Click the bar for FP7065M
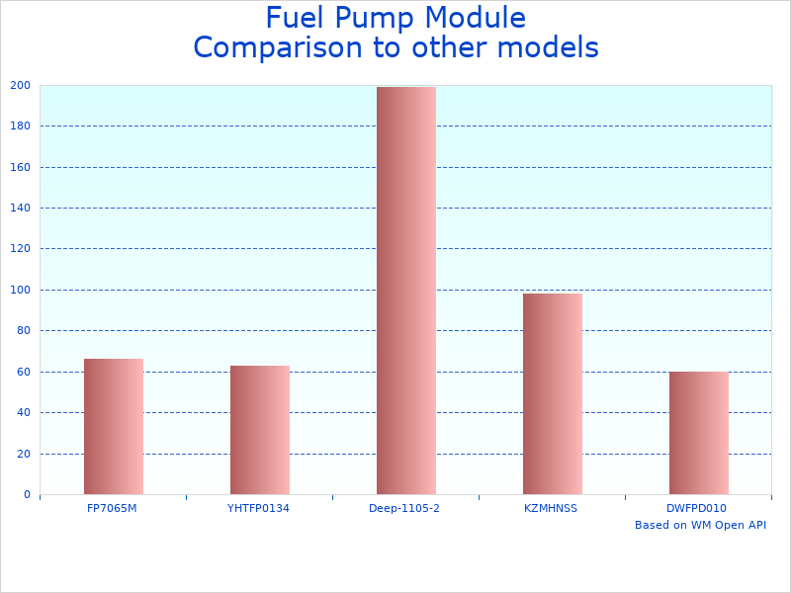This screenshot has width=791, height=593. click(114, 427)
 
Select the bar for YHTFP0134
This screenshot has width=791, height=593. click(260, 430)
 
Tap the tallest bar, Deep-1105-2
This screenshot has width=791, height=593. click(406, 291)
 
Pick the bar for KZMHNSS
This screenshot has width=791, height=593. click(553, 393)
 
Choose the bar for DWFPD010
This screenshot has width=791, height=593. click(699, 433)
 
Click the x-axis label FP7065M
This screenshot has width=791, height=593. click(112, 508)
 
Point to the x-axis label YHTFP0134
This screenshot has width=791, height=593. click(258, 508)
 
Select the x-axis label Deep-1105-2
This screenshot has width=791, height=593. click(404, 508)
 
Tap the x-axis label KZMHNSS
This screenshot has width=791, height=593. click(551, 508)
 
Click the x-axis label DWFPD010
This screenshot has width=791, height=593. click(697, 508)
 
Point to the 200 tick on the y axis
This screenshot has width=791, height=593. click(20, 85)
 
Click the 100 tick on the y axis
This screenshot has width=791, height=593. click(20, 290)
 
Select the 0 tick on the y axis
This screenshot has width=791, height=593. click(27, 494)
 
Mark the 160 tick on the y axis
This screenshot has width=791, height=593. click(20, 167)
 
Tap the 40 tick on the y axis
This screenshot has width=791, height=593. click(23, 412)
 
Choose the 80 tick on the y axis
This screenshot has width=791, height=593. click(23, 330)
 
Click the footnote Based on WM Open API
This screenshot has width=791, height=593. click(700, 525)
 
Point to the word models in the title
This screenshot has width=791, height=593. click(550, 47)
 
